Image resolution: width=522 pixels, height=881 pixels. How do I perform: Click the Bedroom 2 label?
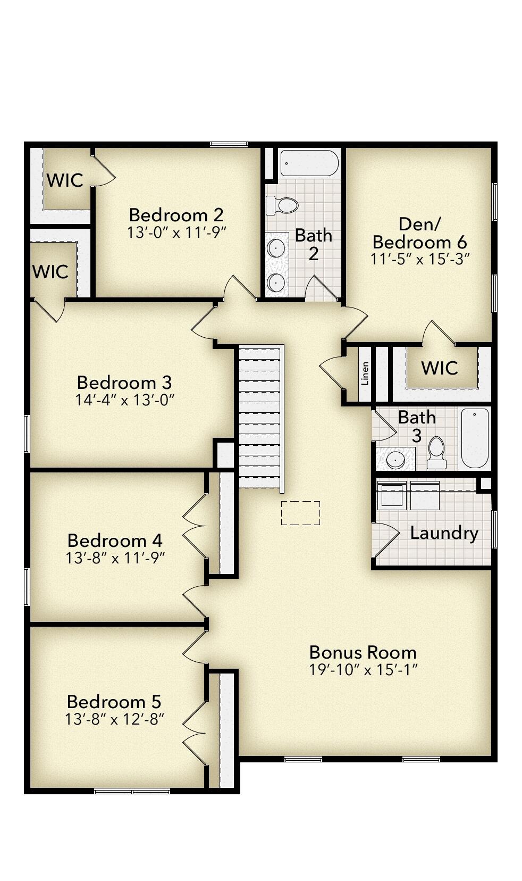[176, 215]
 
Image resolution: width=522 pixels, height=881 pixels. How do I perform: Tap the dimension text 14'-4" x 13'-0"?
[125, 400]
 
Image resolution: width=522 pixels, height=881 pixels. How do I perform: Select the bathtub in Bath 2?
[309, 163]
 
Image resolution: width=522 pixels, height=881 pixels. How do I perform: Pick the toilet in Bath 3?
[436, 453]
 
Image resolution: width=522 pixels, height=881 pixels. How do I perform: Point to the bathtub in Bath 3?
[474, 437]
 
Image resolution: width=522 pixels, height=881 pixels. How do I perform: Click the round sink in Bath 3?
[395, 459]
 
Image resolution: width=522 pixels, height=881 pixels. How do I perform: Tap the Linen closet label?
[365, 373]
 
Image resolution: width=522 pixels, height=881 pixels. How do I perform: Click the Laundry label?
[444, 533]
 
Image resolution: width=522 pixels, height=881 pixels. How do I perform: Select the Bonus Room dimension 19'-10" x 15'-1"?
[363, 669]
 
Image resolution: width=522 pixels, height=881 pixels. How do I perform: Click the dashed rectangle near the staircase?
[300, 513]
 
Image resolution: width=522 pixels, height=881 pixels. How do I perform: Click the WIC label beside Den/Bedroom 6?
[439, 368]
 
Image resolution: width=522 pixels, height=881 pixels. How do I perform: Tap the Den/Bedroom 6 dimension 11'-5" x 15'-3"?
[419, 259]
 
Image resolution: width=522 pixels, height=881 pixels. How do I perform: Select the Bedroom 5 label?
[114, 702]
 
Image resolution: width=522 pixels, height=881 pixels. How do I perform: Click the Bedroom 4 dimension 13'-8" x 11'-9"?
[115, 558]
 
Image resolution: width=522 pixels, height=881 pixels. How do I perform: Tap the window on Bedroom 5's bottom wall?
[132, 791]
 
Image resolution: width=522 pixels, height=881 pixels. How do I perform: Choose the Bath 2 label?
[314, 244]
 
